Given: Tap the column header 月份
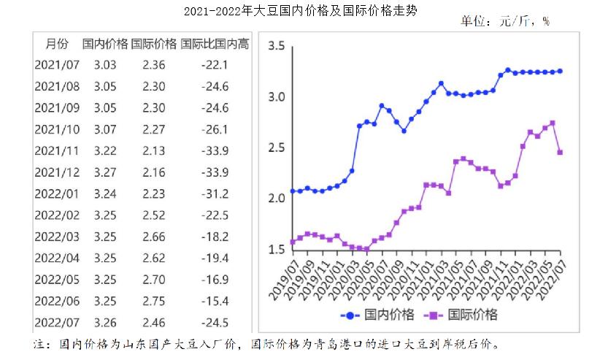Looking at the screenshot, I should (x=57, y=44).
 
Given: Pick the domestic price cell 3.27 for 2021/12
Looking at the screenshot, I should (x=105, y=172).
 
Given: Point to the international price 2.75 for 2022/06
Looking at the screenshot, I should (x=154, y=301).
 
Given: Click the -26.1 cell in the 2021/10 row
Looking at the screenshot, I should (x=215, y=129).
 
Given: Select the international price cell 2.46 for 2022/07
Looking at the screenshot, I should (x=154, y=322).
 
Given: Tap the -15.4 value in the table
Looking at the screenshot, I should (x=215, y=301).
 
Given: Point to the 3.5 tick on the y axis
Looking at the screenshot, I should (x=276, y=47).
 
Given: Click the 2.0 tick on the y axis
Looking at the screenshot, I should (x=276, y=199).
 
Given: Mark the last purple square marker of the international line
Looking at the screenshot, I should (x=560, y=152).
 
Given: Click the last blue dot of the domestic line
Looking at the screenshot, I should (x=560, y=71).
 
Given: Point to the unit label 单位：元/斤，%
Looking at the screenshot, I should (x=504, y=21).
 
